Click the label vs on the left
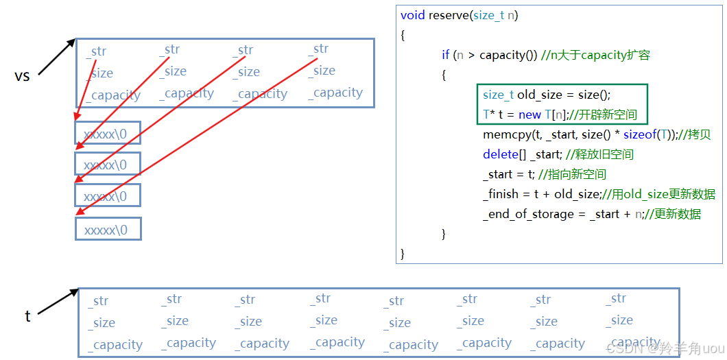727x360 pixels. point(22,76)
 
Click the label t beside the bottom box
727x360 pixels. point(27,316)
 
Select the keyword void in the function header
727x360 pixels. point(413,15)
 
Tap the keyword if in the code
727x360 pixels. point(446,55)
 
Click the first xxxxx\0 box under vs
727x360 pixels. point(108,134)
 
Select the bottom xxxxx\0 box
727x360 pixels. point(108,230)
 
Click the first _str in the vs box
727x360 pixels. point(97,51)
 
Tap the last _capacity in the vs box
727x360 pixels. point(335,93)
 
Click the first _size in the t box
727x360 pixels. point(103,323)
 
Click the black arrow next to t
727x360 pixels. point(58,302)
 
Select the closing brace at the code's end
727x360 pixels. point(403,254)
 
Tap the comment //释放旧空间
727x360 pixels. point(600,154)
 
